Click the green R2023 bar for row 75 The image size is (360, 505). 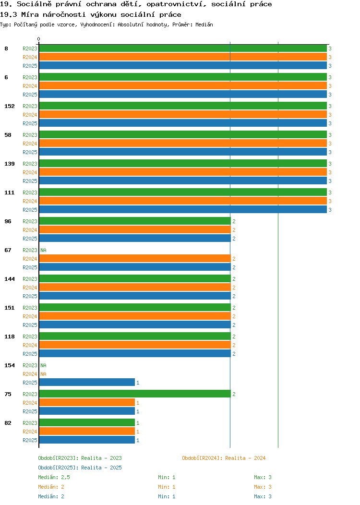tap(135, 394)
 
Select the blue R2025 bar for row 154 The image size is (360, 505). tap(87, 382)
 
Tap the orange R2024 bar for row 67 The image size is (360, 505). tap(135, 258)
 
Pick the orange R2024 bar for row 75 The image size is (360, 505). tap(87, 402)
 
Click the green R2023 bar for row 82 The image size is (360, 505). tap(87, 422)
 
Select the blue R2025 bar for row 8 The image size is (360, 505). tap(183, 65)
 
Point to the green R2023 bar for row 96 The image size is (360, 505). tap(135, 221)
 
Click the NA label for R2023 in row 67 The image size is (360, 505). tap(44, 250)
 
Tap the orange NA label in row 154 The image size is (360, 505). tap(44, 374)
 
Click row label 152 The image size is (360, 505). tap(9, 106)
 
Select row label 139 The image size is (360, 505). tap(9, 164)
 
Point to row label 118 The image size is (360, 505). tap(9, 337)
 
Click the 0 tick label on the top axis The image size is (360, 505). tap(39, 39)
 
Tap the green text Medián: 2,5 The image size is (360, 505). tap(54, 477)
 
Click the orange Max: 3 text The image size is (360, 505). tap(263, 487)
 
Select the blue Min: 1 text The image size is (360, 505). tap(167, 496)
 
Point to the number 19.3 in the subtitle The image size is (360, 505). tap(8, 14)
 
